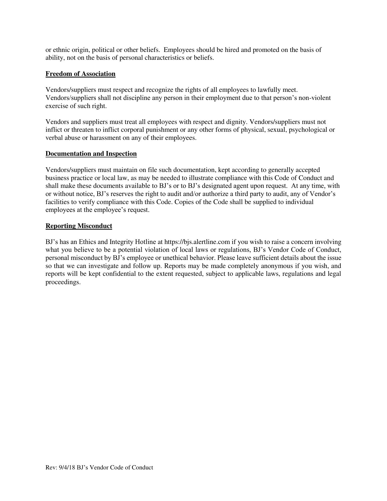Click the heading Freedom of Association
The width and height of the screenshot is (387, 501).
click(x=80, y=74)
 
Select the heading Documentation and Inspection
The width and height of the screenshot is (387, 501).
click(x=91, y=154)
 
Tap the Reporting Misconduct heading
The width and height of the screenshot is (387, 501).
click(x=79, y=226)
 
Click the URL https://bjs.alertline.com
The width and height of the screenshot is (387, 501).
click(x=197, y=242)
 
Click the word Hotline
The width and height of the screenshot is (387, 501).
click(x=149, y=242)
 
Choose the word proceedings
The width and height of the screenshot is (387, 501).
click(x=63, y=282)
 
